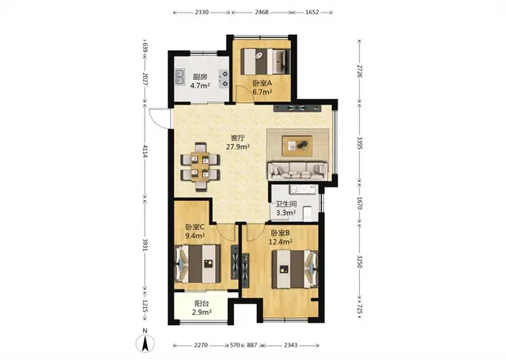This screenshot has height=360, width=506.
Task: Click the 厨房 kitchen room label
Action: coord(200,77)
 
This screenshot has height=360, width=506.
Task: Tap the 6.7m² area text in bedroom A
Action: coord(262,92)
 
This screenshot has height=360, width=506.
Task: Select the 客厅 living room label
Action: coord(238,138)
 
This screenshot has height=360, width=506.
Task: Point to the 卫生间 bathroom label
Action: coord(286,204)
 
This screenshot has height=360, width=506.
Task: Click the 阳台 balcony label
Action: coord(202,304)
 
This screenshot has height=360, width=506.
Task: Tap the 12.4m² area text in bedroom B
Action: coord(281,241)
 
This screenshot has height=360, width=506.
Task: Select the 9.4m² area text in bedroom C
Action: coord(195,236)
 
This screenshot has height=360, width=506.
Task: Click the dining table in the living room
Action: coord(200,167)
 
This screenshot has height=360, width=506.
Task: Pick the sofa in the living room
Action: coord(298,171)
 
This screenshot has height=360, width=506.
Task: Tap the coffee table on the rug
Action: coord(297,146)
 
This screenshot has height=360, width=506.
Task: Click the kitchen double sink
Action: coord(179,78)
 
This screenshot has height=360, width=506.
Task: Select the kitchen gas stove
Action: coord(224,79)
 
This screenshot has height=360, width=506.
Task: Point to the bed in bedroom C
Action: coord(198,263)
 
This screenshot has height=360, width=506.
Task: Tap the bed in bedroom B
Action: coord(295,269)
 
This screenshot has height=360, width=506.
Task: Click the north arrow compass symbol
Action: coord(145,343)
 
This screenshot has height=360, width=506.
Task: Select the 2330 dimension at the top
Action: coord(202,13)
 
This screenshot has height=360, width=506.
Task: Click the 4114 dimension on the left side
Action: coord(145,151)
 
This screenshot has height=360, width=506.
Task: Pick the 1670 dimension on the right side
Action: coord(360,203)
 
